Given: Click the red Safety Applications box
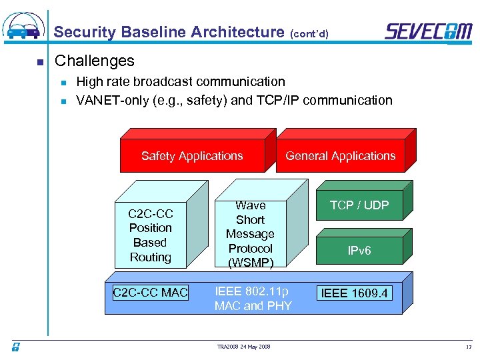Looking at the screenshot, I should (192, 156).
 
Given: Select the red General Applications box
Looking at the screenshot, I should (341, 156).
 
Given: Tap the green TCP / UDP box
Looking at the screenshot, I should (359, 205).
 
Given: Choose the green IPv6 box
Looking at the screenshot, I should (359, 251).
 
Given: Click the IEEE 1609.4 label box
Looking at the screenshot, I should (355, 293).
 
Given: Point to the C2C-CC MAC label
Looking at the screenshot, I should (151, 292).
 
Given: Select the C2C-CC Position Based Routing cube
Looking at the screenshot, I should (151, 235).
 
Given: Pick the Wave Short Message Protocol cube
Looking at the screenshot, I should (251, 234).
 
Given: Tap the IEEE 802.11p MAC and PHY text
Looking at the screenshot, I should (253, 299).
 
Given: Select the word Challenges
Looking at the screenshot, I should (95, 61).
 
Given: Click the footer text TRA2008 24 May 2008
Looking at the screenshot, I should (244, 347).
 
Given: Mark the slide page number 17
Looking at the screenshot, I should (467, 347).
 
